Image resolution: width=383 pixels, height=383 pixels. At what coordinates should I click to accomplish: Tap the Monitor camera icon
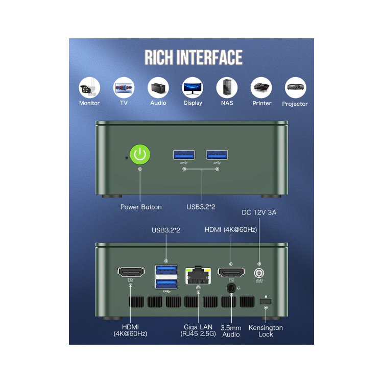point(89,88)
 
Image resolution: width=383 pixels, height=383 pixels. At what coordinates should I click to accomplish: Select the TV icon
point(124,88)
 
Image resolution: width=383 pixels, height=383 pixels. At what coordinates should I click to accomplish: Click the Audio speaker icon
point(158,88)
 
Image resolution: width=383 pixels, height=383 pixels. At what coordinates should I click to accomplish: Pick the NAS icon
point(227,88)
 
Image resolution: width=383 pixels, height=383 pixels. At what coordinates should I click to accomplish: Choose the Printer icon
point(261,88)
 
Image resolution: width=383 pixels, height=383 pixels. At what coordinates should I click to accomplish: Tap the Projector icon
point(295,88)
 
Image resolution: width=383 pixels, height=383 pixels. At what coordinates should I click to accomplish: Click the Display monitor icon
point(193,88)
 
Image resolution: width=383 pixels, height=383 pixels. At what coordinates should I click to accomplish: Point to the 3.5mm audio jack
point(231,288)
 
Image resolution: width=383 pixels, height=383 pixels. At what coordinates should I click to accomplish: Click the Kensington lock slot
point(266,302)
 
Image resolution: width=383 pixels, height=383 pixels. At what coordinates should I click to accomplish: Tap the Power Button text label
point(141,207)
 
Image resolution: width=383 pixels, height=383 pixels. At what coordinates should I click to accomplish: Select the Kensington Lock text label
point(266,331)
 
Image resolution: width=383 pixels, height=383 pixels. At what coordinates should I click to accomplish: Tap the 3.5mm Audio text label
point(231,331)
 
